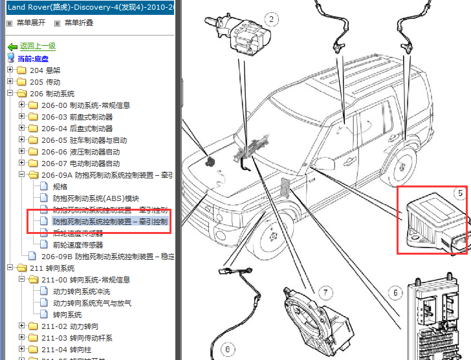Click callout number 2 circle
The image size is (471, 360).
click(272, 19)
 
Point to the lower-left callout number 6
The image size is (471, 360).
click(226, 350)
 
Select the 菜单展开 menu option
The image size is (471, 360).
click(30, 23)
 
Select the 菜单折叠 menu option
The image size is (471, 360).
click(78, 23)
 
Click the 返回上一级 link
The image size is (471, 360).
click(38, 46)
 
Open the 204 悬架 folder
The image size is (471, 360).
click(45, 70)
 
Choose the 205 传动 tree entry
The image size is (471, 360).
click(45, 82)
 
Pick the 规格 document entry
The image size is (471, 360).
click(60, 187)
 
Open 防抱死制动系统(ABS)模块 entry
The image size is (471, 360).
click(96, 198)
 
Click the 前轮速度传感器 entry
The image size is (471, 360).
click(78, 245)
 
